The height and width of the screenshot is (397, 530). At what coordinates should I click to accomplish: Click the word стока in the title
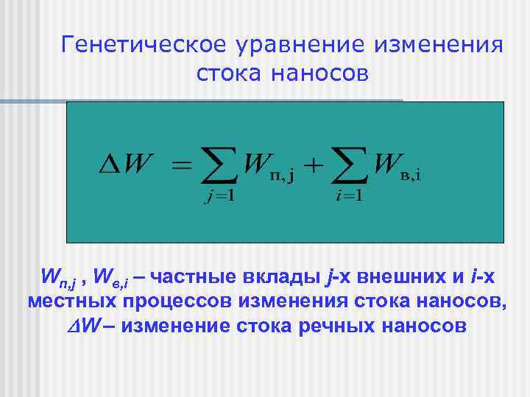click(x=227, y=74)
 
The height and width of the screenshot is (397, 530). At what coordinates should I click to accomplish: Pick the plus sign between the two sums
click(x=312, y=164)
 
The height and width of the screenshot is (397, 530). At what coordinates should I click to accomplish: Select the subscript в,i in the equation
click(x=414, y=174)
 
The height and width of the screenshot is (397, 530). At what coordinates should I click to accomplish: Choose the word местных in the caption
click(x=70, y=301)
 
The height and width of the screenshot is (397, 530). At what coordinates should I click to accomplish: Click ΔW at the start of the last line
click(x=76, y=326)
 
